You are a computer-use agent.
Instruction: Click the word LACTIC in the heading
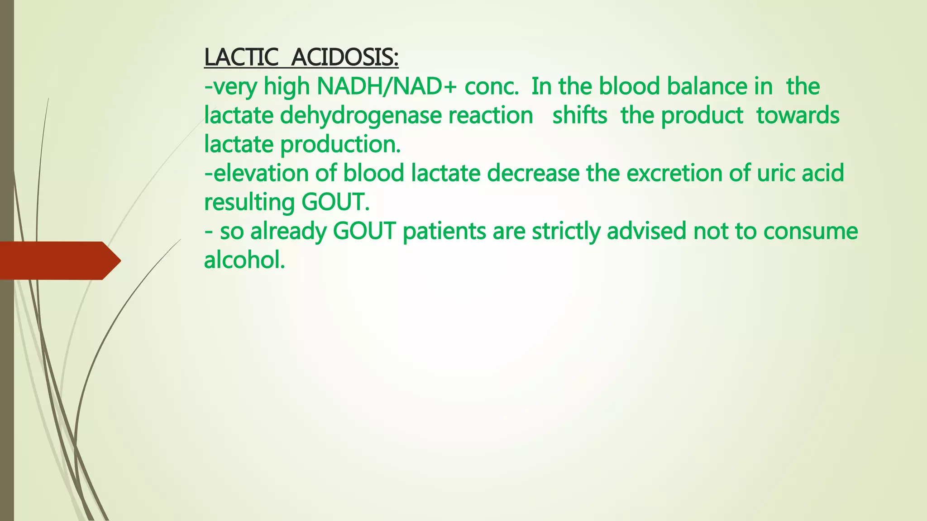[x=241, y=57]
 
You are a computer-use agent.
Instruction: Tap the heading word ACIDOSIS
[x=344, y=57]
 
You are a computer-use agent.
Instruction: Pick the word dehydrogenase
[x=361, y=115]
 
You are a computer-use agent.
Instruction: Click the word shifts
[x=579, y=115]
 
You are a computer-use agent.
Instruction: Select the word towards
[x=798, y=115]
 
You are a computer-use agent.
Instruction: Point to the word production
[x=340, y=145]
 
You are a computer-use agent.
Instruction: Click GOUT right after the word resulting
[x=335, y=202]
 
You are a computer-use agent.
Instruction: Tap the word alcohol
[x=244, y=260]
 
